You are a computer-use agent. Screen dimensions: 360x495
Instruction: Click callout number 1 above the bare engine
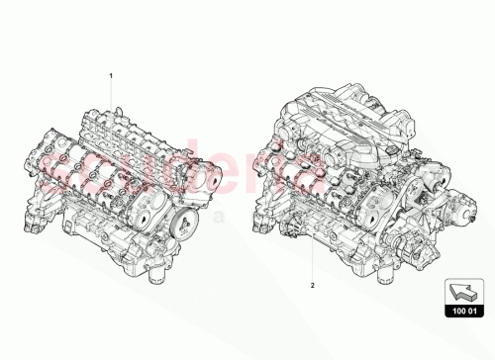[112, 75]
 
